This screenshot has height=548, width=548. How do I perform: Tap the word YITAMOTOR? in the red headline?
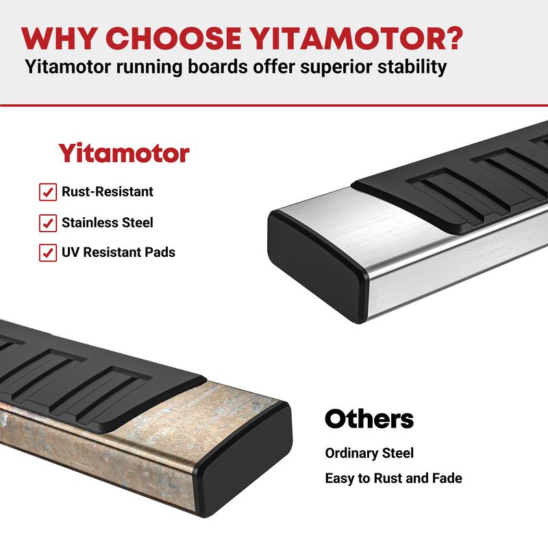357,38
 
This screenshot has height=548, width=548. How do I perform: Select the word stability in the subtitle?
412,66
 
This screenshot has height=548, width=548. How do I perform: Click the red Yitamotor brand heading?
124,153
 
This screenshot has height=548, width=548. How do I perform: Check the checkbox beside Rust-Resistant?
48,192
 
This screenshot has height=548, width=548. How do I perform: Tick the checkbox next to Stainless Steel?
48,223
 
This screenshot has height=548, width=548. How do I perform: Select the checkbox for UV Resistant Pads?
48,253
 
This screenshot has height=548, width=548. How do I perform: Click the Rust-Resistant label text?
108,192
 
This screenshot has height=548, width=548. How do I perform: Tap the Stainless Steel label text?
108,223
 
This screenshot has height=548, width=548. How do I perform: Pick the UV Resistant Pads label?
119,252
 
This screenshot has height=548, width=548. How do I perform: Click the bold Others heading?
369,419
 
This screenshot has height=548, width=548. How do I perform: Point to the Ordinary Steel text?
369,453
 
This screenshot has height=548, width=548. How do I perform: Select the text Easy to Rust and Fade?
393,478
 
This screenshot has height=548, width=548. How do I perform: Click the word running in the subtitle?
149,67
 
